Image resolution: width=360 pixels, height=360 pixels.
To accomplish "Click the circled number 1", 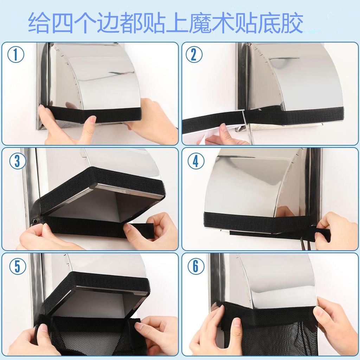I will pyautogui.click(x=16, y=55).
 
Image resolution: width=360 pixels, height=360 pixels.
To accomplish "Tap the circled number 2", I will pyautogui.click(x=194, y=55).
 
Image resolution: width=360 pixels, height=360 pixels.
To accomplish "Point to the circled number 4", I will pyautogui.click(x=196, y=161).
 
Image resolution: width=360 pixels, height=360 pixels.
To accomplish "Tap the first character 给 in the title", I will pyautogui.click(x=39, y=22).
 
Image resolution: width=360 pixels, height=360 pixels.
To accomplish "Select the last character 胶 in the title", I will pyautogui.click(x=292, y=22).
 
